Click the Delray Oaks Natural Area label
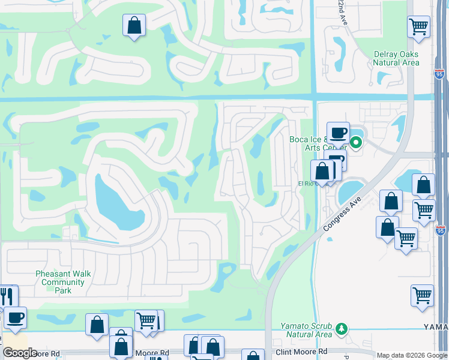point(396,58)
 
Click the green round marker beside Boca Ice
point(356,142)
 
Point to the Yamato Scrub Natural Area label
point(306,330)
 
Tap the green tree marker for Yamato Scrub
point(342,328)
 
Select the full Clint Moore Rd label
point(301,351)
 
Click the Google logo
point(20,353)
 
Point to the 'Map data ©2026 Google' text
point(412,355)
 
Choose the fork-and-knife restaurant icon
point(8,297)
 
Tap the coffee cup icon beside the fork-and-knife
point(15,317)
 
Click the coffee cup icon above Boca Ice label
point(338,133)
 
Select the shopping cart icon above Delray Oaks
point(418,26)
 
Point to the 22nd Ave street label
point(342,12)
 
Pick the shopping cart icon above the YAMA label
point(423,296)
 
